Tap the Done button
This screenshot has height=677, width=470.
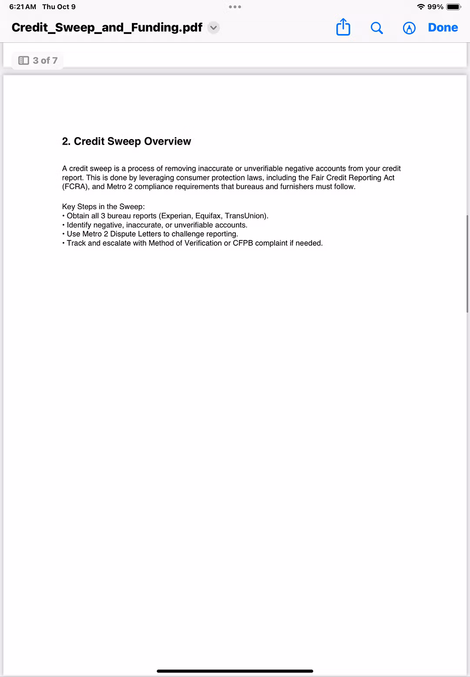point(443,27)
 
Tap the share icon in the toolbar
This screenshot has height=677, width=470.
point(343,27)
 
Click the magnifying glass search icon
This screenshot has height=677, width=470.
point(376,28)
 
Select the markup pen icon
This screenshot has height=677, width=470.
point(409,28)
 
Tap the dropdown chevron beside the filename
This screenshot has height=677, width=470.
point(213,27)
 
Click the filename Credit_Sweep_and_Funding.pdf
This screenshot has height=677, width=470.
point(107,27)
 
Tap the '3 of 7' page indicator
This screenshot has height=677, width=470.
point(39,61)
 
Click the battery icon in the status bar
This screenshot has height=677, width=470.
point(453,7)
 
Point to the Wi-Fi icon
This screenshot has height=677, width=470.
point(421,7)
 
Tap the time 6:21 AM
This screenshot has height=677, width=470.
point(23,7)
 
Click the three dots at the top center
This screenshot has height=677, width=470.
point(235,7)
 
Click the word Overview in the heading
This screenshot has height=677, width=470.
point(168,141)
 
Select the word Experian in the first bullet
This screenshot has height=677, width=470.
point(176,216)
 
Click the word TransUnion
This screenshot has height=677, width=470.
point(245,216)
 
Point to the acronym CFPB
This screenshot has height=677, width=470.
point(243,243)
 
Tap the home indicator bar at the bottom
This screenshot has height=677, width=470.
point(235,671)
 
